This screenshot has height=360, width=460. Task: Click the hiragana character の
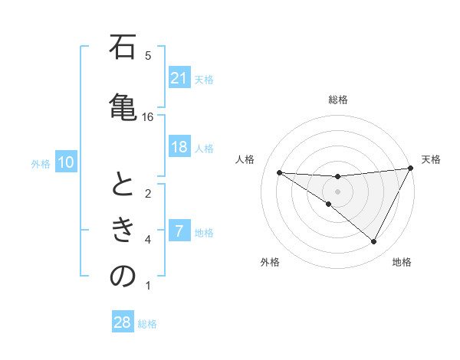tap(123, 276)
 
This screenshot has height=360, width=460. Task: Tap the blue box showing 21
tap(179, 77)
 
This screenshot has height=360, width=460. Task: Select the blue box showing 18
tap(179, 147)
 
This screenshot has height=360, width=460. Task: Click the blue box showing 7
tap(179, 231)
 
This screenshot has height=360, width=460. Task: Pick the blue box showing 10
tap(66, 162)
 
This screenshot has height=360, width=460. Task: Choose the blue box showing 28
tap(123, 322)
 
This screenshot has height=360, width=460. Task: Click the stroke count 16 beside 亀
tap(148, 116)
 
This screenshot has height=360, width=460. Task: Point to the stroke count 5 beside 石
tap(148, 55)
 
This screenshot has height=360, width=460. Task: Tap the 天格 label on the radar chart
tap(431, 159)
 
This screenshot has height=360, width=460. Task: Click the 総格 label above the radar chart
tap(337, 100)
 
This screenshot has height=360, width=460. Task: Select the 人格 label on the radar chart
tap(245, 159)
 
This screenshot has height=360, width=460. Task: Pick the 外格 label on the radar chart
tap(269, 262)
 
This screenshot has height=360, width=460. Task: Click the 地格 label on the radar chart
tap(402, 262)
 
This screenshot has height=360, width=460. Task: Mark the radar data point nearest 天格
tap(411, 168)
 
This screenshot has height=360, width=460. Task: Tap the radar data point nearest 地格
tap(374, 242)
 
